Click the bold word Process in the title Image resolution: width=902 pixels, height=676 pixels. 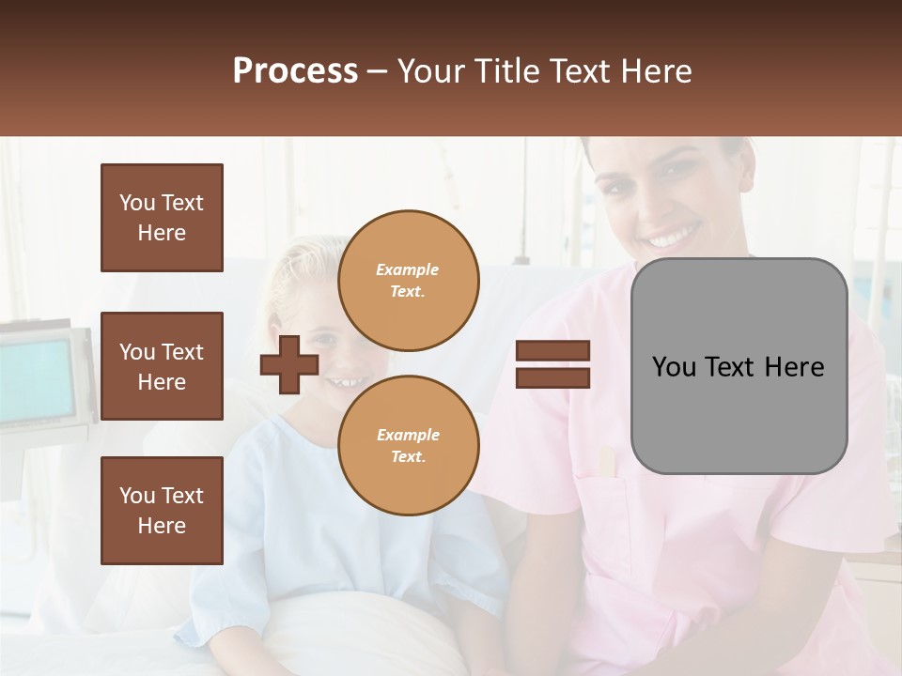point(295,71)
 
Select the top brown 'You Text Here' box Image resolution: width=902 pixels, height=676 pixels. point(162,218)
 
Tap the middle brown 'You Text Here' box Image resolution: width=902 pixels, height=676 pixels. point(162,366)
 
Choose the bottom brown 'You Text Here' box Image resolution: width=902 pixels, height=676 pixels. point(162,511)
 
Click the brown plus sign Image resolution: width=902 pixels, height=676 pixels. point(289,365)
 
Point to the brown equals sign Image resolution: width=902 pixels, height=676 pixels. point(552,365)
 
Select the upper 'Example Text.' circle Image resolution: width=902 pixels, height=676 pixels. point(408,281)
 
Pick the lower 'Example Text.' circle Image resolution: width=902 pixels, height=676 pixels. point(408,446)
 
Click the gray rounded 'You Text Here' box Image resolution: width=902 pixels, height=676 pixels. point(739,365)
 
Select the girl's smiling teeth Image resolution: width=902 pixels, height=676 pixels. point(346,382)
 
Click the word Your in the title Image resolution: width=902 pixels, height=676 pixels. point(432,71)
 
